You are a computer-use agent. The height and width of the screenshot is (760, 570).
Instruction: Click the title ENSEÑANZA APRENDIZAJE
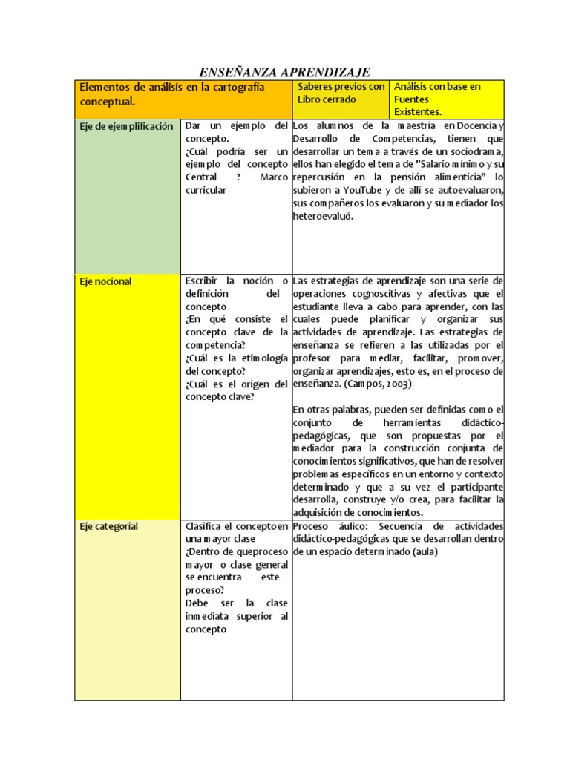click(x=284, y=72)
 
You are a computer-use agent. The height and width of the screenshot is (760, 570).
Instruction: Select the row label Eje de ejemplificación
click(x=126, y=126)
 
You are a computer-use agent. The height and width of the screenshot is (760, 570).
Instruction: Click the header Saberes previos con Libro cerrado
click(x=341, y=93)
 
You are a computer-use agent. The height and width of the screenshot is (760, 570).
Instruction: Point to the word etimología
click(x=261, y=358)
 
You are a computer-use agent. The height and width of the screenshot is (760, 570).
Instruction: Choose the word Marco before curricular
click(x=274, y=177)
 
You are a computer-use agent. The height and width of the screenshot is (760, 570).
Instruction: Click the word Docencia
click(x=470, y=126)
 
